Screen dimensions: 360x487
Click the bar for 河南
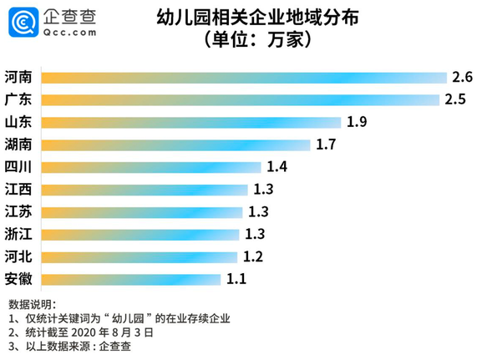point(243,78)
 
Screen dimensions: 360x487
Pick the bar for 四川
point(150,166)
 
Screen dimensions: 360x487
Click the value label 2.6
point(463,78)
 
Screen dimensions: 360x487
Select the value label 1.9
point(358,122)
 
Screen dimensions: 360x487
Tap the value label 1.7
point(327,145)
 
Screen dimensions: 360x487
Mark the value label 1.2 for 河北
point(252,256)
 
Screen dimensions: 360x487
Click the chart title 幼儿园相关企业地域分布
point(246,18)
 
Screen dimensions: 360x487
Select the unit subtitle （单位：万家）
point(246,39)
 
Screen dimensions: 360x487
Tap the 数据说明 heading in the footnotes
point(32,302)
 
